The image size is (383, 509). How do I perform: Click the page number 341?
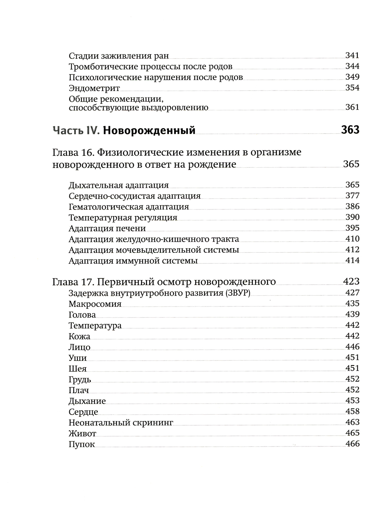(x=352, y=56)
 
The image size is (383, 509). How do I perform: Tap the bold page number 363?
(x=350, y=130)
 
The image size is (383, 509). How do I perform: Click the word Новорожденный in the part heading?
(x=149, y=130)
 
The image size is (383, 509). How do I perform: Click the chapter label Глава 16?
(x=73, y=153)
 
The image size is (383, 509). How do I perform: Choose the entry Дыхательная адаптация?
(x=119, y=185)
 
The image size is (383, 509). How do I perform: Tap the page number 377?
(x=352, y=196)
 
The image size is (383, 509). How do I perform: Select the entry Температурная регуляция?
(x=123, y=218)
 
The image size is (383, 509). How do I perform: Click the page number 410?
(x=352, y=239)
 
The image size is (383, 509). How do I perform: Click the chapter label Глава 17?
(x=73, y=282)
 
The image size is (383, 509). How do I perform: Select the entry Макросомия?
(x=95, y=304)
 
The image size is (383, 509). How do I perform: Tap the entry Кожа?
(x=79, y=336)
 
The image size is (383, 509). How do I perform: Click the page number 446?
(x=352, y=347)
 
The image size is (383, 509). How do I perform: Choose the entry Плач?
(x=79, y=390)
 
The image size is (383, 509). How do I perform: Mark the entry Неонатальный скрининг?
(x=121, y=423)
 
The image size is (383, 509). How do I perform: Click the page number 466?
(x=352, y=444)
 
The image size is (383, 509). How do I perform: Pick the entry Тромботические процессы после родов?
(x=151, y=67)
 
